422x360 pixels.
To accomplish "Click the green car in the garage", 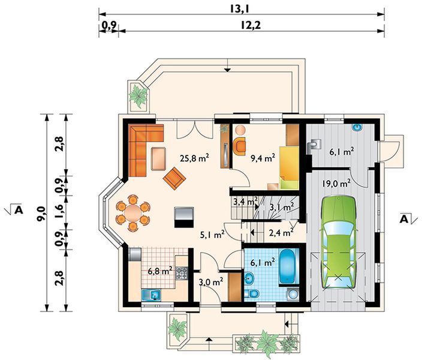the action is point(338,243).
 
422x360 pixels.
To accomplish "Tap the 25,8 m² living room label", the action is point(195,158).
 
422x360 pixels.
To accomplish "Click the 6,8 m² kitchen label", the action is point(160,271).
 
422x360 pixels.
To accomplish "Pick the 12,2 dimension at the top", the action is point(251,25).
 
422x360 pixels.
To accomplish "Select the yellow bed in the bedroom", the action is point(290,167).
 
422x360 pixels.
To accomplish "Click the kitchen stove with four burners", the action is point(182,272).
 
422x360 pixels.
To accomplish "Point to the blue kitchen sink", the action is point(151,295).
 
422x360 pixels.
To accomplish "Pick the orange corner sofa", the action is point(142,146).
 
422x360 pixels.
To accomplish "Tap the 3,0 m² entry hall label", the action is point(211,282).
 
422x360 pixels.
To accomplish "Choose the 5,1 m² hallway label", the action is point(212,235).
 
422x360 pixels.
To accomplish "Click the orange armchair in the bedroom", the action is point(240,146).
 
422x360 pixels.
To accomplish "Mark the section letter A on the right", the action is point(404,220).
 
